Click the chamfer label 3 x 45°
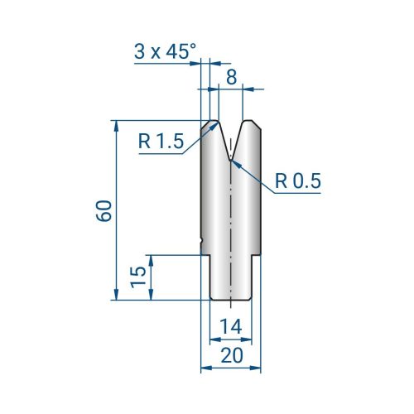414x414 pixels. click(x=166, y=51)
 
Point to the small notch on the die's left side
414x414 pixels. click(x=203, y=242)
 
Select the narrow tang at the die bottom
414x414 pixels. click(x=230, y=277)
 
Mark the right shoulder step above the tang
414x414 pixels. click(x=254, y=255)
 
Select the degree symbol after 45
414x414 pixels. click(x=195, y=46)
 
